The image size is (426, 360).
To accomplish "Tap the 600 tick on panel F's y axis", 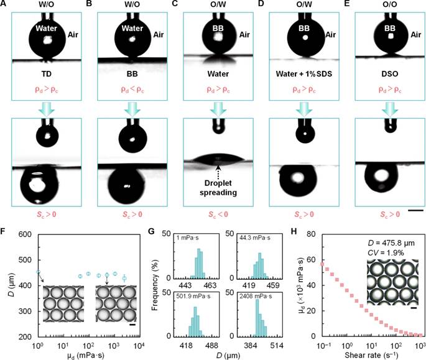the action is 26,234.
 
